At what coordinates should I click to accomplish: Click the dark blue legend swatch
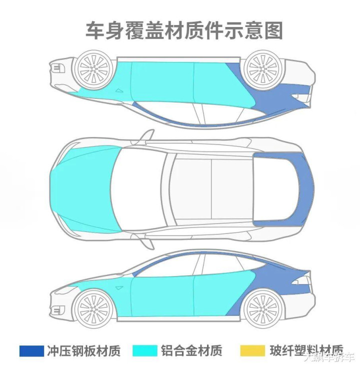(31, 350)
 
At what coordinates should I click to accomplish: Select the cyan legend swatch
(144, 350)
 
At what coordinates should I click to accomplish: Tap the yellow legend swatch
(253, 350)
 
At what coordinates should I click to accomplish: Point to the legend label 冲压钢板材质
(83, 350)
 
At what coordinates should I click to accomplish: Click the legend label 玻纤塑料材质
(305, 350)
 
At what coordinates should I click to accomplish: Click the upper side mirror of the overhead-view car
(147, 135)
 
